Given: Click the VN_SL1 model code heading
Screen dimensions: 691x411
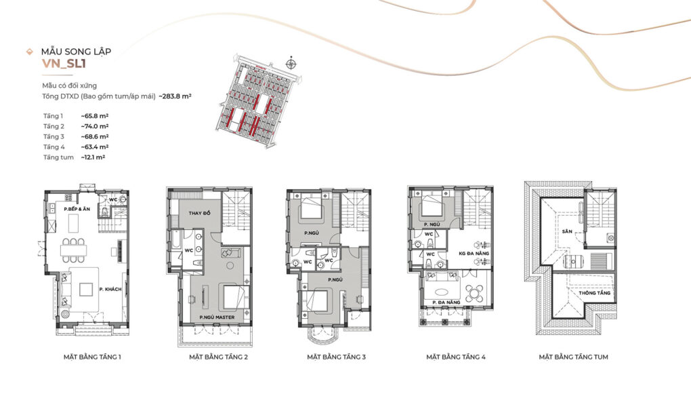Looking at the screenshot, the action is point(64,64).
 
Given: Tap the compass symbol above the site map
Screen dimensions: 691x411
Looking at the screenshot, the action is point(291,64).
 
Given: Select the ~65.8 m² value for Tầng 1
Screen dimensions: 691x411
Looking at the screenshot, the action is point(95,116).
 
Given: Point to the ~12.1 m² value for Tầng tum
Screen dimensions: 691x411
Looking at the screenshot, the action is point(93,157).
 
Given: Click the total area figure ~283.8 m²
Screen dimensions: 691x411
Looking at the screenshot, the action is point(175,96).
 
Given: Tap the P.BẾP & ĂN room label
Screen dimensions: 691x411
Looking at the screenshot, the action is point(77,209).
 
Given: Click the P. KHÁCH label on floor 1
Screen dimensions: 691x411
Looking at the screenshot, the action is point(110,290).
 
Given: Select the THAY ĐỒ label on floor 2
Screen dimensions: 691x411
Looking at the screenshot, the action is point(200,214).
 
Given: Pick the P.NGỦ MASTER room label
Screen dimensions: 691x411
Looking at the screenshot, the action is point(217,317).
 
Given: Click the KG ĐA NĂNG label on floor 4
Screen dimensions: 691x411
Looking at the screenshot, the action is point(474,254).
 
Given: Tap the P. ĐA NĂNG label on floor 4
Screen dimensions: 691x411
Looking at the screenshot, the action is point(446,302).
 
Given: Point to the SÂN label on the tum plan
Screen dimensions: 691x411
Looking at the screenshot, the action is point(567,231).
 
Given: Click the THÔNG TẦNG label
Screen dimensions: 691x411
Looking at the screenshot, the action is point(595,293).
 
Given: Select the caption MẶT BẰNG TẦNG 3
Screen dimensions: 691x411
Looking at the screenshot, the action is point(336,357).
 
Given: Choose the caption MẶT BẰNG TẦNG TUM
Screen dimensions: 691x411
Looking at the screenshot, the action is point(573,357).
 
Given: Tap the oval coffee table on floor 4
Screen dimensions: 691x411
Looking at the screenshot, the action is point(440,292).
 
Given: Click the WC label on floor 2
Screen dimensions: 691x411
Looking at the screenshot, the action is point(188,250).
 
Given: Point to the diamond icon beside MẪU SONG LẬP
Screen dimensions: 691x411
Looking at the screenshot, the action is point(30,52).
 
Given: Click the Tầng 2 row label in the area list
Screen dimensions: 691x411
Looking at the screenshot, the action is point(54,126).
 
